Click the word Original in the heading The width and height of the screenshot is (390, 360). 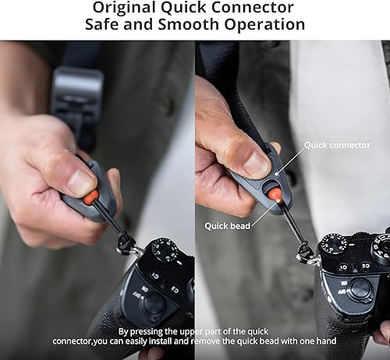click(x=127, y=8)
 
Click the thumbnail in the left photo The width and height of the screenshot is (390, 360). click(x=80, y=182)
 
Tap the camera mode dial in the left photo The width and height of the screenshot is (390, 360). click(x=166, y=253)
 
